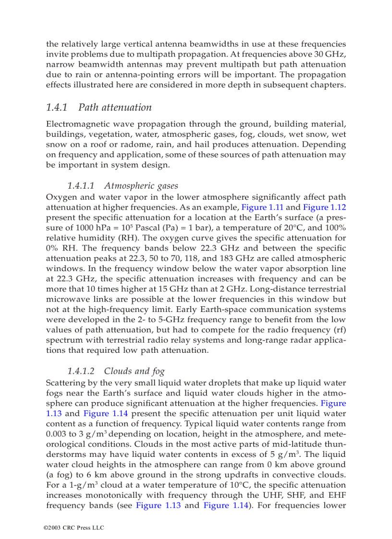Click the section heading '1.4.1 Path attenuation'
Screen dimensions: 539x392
98,107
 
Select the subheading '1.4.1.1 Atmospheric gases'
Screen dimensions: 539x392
122,186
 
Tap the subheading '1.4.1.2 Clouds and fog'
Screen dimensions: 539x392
115,371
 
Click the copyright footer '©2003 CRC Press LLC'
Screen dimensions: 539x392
73,527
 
